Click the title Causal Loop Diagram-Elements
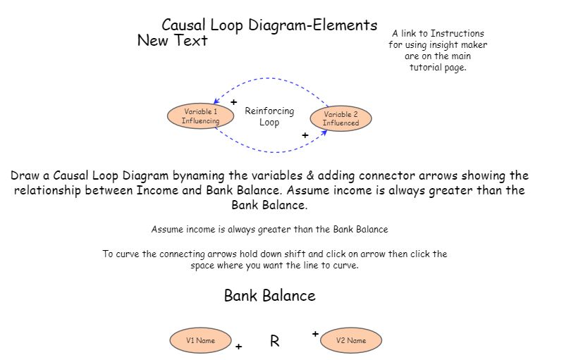(x=269, y=25)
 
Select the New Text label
(x=172, y=41)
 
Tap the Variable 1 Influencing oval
(x=200, y=116)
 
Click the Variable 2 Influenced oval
(x=341, y=118)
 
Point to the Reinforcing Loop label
(x=269, y=116)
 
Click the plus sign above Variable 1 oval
(x=233, y=102)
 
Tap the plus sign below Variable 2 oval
(x=305, y=135)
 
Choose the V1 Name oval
(x=200, y=340)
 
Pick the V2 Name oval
(x=350, y=341)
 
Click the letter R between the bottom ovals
(x=275, y=342)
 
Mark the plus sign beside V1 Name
(x=238, y=347)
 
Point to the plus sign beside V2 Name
(x=315, y=333)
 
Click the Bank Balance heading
(x=269, y=296)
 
